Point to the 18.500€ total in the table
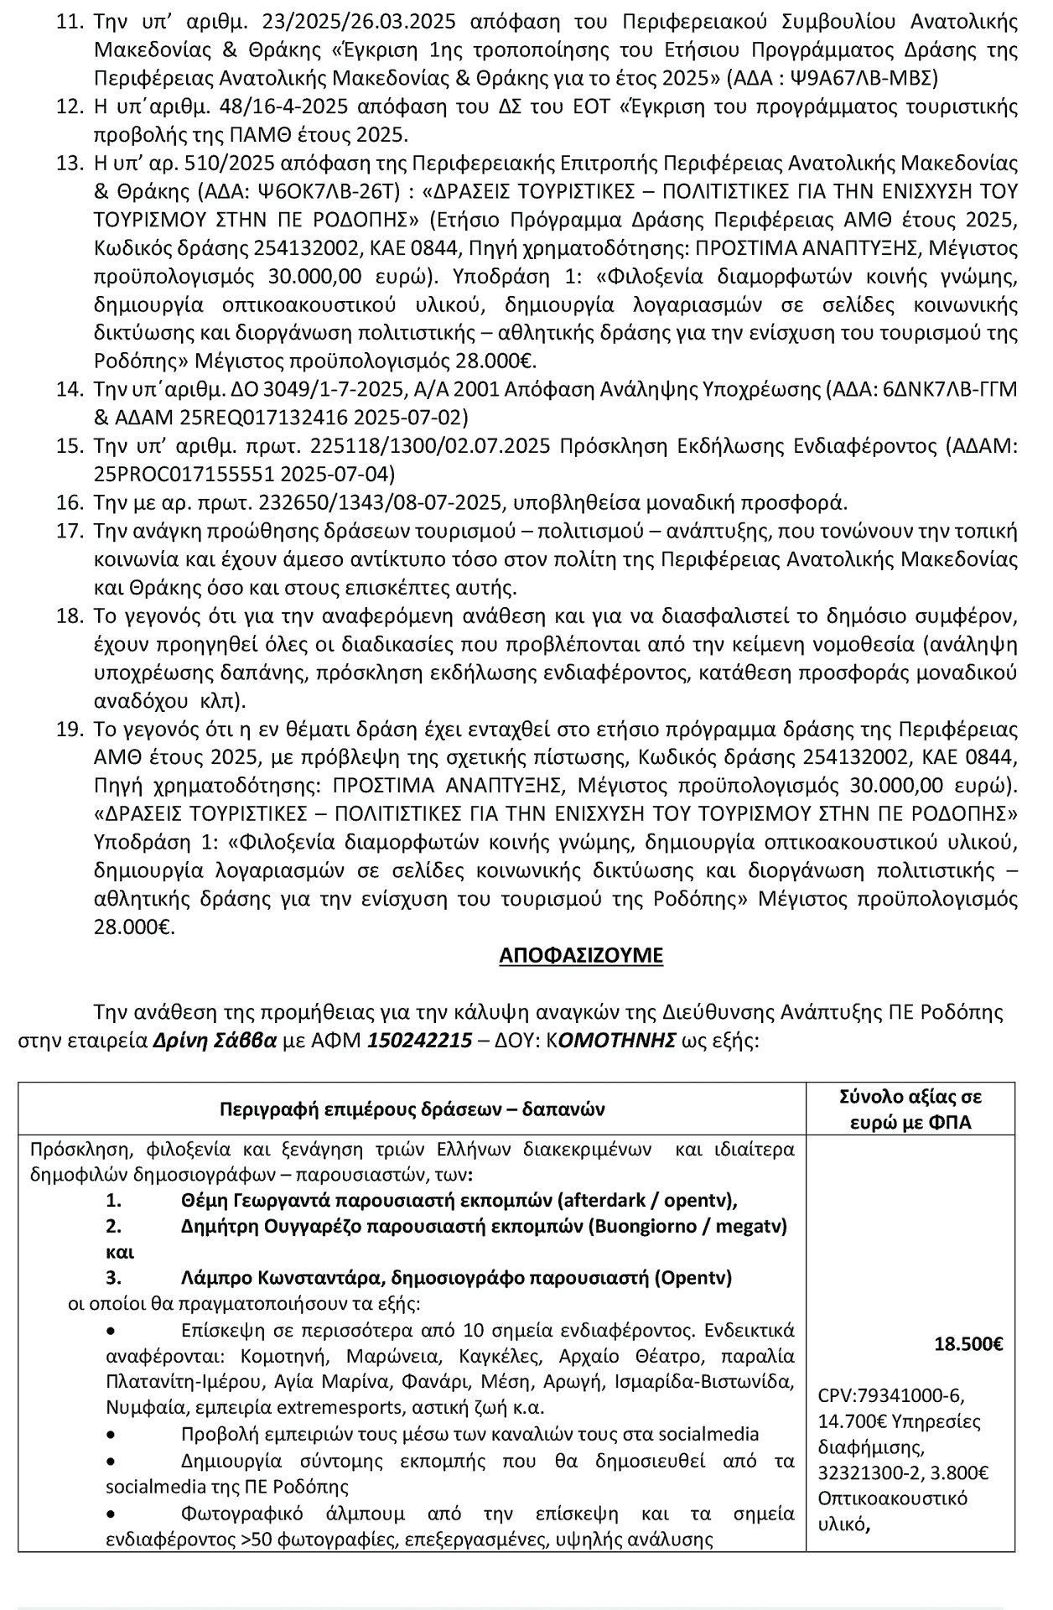[968, 1344]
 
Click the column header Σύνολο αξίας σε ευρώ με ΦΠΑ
[910, 1109]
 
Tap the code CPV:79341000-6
[890, 1396]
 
